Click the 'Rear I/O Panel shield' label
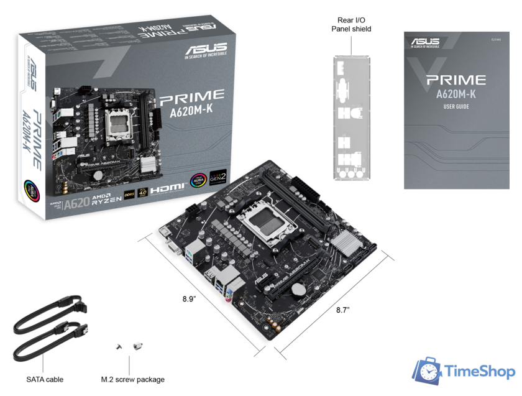point(351,24)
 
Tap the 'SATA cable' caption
point(45,379)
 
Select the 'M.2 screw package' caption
point(133,379)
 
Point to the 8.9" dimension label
point(190,298)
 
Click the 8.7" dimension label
point(343,309)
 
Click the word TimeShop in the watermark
point(480,372)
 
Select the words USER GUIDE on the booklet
point(456,107)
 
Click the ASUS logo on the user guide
point(424,42)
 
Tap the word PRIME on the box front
point(192,96)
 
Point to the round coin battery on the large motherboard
point(301,288)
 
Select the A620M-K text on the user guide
point(456,94)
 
